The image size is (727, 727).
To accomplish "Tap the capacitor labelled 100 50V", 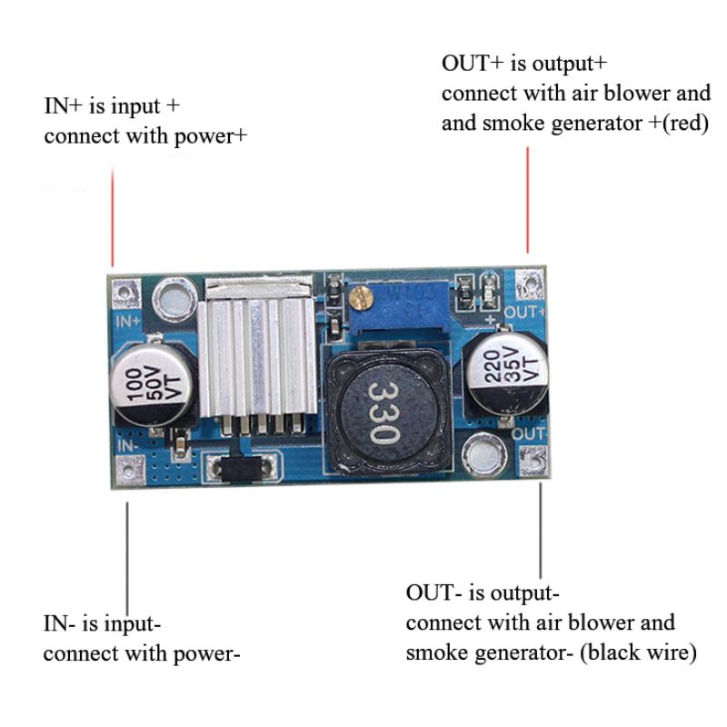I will click(151, 382).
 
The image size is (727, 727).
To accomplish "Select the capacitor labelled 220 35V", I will click(505, 372).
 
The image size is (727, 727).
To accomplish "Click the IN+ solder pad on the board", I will click(122, 293).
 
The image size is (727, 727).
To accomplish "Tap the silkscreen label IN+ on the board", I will click(125, 320).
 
